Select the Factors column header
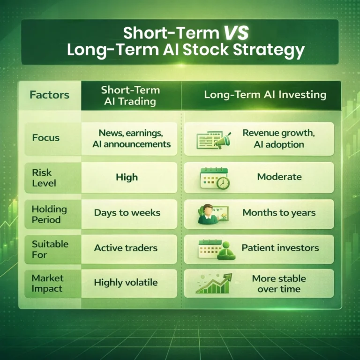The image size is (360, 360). click(x=49, y=95)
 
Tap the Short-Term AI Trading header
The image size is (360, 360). click(x=130, y=95)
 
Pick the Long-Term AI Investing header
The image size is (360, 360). click(x=265, y=95)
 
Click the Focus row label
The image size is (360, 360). click(x=46, y=138)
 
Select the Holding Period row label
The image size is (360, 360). click(x=49, y=214)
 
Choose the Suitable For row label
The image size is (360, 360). click(x=50, y=249)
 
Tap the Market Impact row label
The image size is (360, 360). click(x=47, y=283)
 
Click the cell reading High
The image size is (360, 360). click(x=127, y=177)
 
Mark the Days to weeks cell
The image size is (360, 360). click(x=127, y=213)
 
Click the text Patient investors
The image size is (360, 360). click(x=280, y=248)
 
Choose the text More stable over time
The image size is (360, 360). click(x=279, y=284)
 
